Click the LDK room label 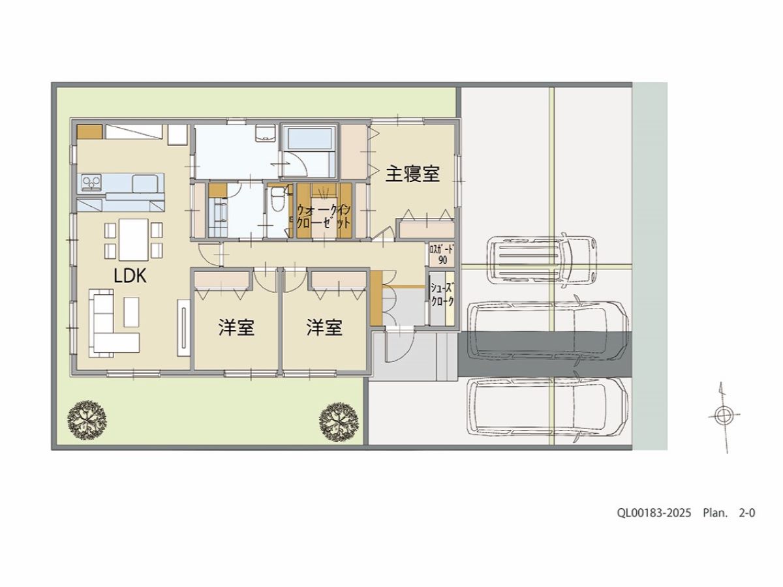[x=130, y=276]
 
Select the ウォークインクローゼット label [x=324, y=217]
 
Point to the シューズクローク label [x=442, y=294]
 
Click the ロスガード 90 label [x=442, y=254]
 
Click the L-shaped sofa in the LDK [x=114, y=323]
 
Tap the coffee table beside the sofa [x=131, y=312]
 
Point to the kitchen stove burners [x=92, y=183]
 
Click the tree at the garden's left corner [x=87, y=421]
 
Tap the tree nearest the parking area [x=339, y=422]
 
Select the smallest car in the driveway [x=542, y=260]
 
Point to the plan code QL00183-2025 [x=654, y=513]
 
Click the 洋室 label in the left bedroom [x=236, y=327]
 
